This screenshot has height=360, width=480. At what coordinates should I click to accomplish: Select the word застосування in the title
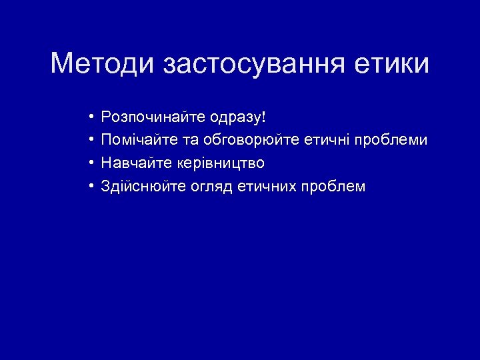coord(254,64)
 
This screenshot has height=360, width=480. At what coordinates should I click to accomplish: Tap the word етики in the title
coord(393,64)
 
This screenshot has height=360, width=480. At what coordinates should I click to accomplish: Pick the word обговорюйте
coord(244,140)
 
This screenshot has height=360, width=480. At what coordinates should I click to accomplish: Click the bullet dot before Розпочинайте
coord(89,118)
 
